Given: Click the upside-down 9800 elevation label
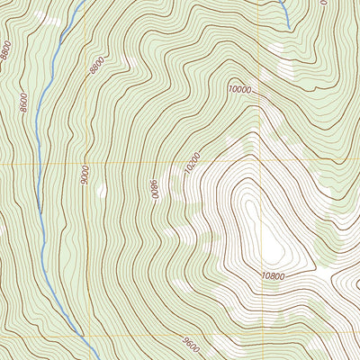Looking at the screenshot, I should coord(155,190).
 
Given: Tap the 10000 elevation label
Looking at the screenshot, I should coord(238,89).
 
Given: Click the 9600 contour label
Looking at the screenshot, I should coord(189,343).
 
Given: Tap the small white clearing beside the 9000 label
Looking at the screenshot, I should coord(101,190).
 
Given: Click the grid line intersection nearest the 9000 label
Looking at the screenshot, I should coord(86,165).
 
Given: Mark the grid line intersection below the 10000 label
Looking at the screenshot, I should coord(263,165).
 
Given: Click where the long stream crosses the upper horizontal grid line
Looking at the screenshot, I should coord(40,165).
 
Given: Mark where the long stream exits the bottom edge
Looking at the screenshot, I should coord(96,359).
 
